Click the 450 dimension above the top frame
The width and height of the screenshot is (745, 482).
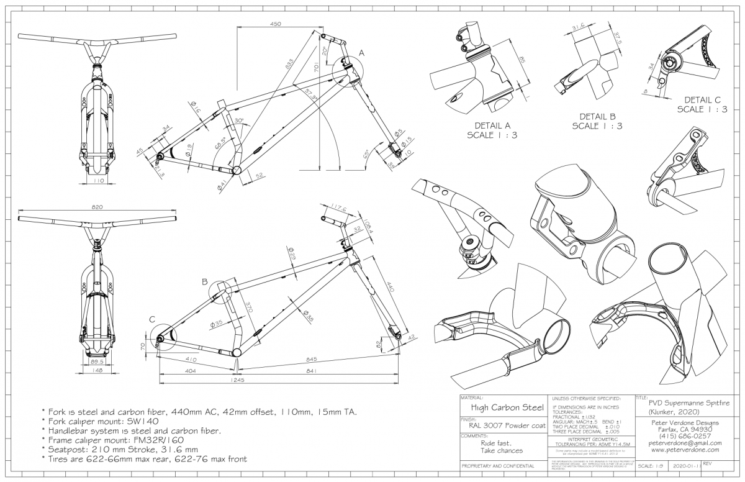click(276, 24)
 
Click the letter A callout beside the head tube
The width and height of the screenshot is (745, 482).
click(361, 54)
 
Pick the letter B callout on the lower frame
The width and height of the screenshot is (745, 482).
click(204, 281)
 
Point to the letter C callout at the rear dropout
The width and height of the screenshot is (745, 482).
click(152, 320)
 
